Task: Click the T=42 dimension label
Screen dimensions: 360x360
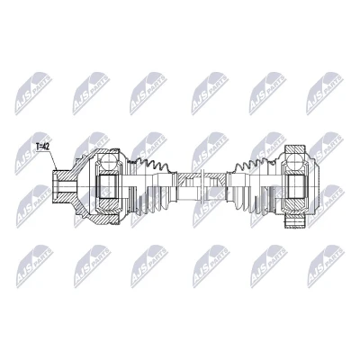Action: click(x=43, y=147)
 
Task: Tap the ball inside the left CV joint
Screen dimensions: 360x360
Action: click(x=109, y=165)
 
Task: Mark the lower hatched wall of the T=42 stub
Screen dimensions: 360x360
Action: click(x=64, y=198)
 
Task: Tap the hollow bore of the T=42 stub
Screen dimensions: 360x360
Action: click(x=62, y=187)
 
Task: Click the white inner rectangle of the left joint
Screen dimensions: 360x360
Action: click(x=108, y=186)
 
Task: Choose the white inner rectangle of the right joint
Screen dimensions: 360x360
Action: click(x=296, y=186)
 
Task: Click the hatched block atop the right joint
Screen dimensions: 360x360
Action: click(x=295, y=149)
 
